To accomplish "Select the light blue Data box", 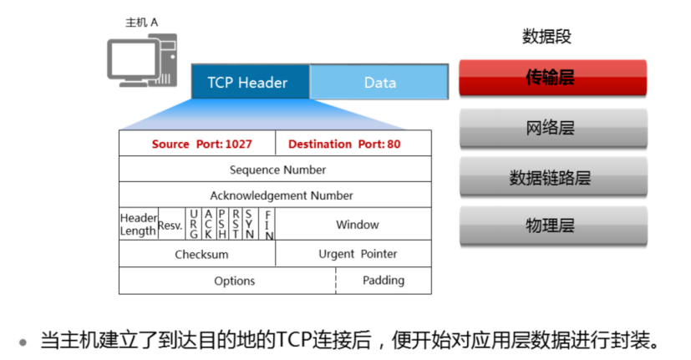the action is [x=380, y=83].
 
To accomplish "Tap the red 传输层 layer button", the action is [x=552, y=79].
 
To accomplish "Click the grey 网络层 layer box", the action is [x=552, y=128].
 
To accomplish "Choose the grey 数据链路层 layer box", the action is [x=552, y=177].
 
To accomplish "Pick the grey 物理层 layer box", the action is [x=552, y=226].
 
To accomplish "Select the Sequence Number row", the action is [x=276, y=170].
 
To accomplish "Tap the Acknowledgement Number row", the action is [x=276, y=195].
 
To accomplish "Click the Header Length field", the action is [x=138, y=225].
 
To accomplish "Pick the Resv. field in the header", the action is [x=170, y=225].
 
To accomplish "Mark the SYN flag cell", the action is [x=249, y=225].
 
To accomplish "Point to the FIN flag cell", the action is [x=268, y=225].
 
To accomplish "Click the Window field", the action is [x=357, y=225].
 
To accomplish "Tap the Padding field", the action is [x=384, y=281].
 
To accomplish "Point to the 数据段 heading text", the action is [x=546, y=38].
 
